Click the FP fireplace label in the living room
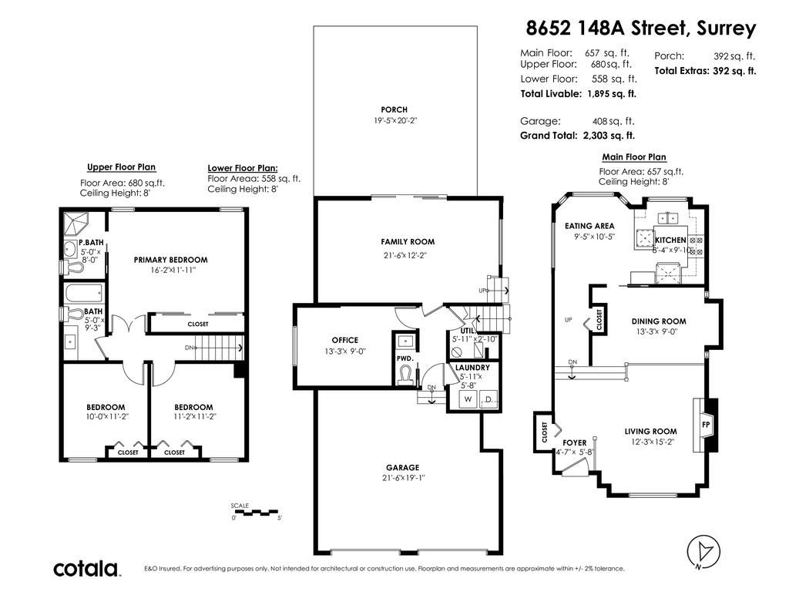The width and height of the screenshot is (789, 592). (706, 425)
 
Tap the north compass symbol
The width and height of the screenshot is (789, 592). (703, 552)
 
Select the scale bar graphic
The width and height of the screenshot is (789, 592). (257, 513)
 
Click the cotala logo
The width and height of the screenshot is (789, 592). (86, 568)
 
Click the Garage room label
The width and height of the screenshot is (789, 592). (402, 468)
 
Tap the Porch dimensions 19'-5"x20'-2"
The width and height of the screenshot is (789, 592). (395, 121)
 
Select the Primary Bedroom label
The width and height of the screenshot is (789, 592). (170, 260)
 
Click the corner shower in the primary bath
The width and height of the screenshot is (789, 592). (76, 224)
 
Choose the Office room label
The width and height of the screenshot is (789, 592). (344, 340)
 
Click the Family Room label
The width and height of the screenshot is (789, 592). (408, 241)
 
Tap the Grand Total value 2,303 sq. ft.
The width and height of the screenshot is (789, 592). (609, 136)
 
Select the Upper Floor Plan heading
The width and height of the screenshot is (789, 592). (121, 167)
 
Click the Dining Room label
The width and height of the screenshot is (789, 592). (659, 321)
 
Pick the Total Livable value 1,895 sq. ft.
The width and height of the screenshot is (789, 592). (611, 93)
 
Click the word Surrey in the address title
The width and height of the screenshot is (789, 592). (726, 29)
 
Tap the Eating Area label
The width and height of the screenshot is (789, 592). (589, 226)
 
